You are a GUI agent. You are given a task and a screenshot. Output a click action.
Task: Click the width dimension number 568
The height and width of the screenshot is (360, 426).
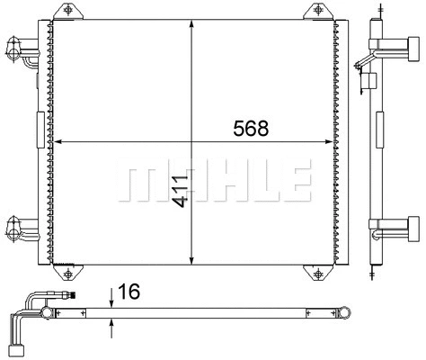click(x=250, y=129)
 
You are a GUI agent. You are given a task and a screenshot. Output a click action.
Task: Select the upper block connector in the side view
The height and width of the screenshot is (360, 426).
click(x=412, y=48)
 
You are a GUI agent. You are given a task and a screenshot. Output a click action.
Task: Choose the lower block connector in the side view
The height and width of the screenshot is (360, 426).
click(x=412, y=225)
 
